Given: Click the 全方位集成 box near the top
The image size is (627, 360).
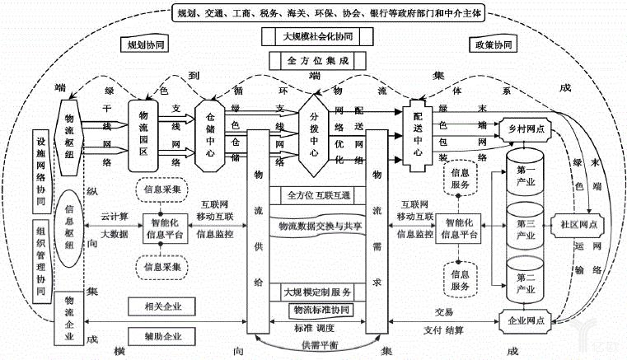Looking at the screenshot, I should (x=314, y=61).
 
